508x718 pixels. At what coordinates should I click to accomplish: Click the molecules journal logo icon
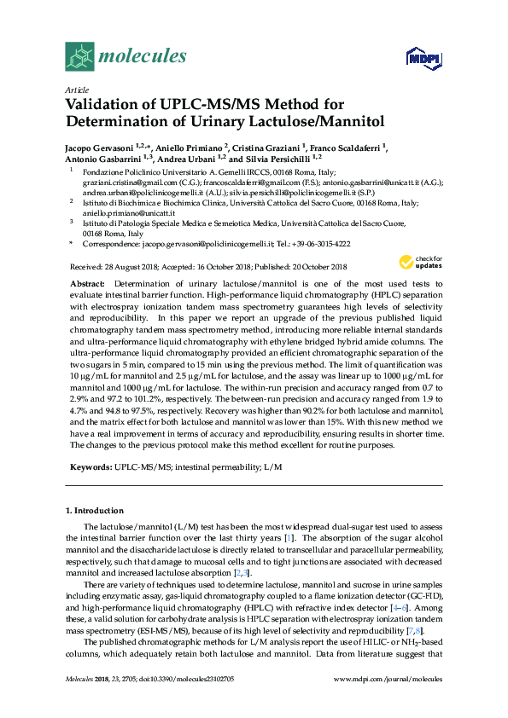pos(80,56)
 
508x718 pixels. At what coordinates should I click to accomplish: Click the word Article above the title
pos(76,90)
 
